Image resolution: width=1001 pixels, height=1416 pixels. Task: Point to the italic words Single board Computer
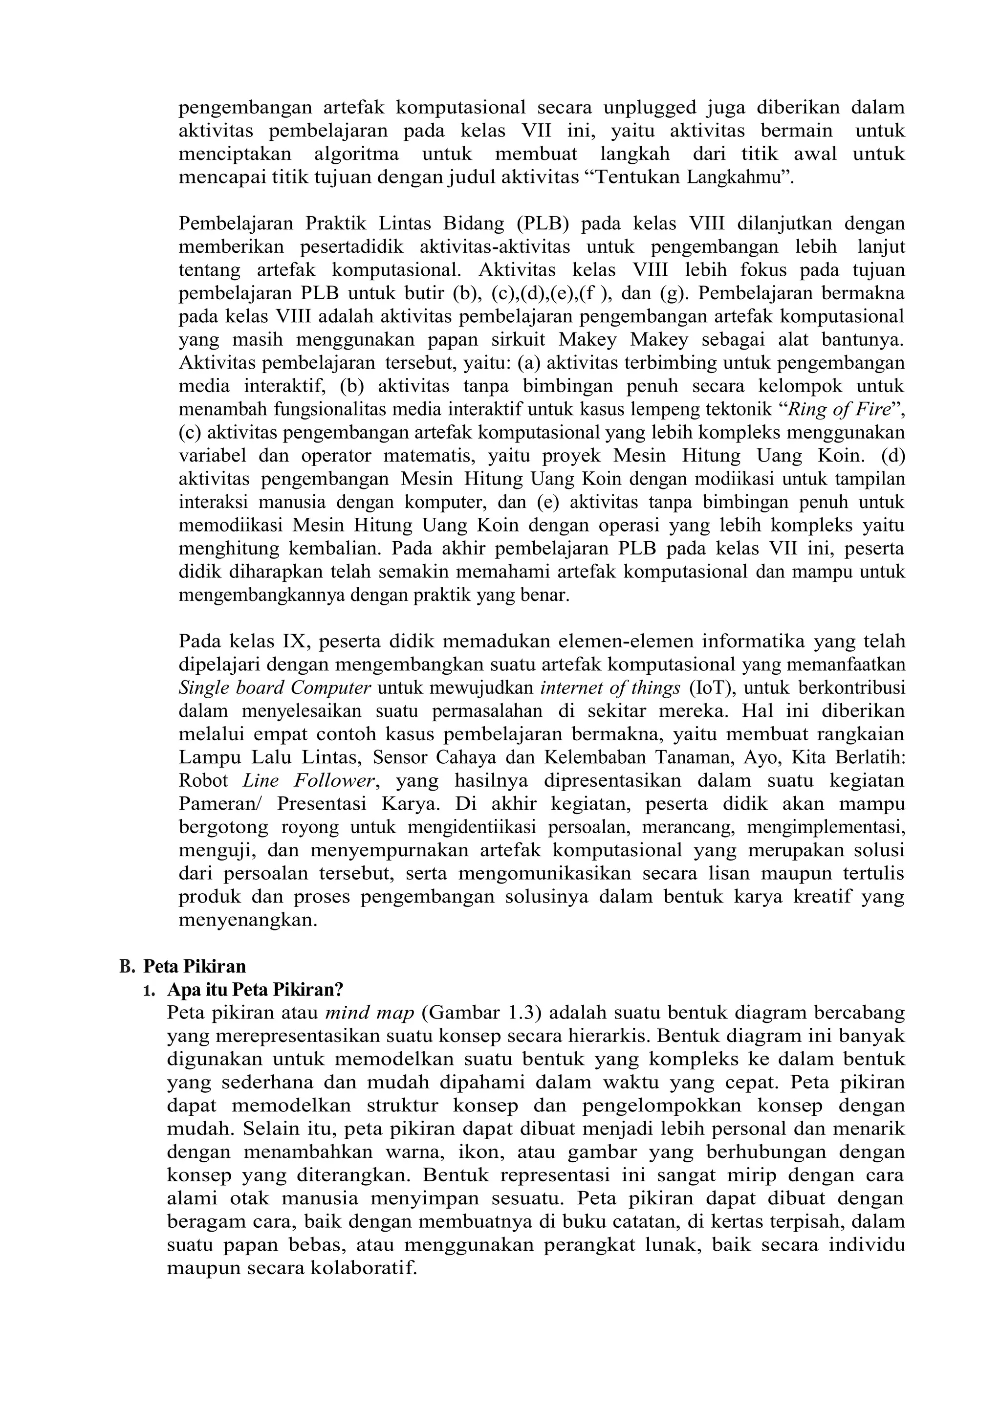pos(275,687)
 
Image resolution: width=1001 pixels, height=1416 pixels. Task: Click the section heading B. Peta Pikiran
pos(182,966)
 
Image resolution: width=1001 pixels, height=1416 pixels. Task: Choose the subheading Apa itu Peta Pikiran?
pos(255,990)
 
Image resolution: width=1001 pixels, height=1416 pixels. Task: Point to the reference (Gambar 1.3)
pos(484,1013)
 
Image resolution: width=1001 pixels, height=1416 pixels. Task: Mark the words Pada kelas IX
pos(241,642)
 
